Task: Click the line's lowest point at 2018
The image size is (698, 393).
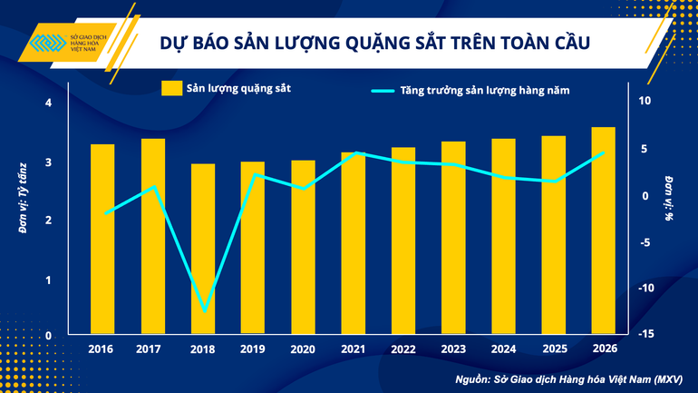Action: pos(206,310)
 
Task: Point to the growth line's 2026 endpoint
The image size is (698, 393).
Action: pos(603,152)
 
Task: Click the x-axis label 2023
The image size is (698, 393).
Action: pos(453,349)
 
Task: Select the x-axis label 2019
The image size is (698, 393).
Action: pos(253,349)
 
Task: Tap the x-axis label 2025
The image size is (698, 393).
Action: pos(553,349)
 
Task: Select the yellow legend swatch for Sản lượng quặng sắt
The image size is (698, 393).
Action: pos(172,88)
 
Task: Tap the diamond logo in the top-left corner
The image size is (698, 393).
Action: pos(48,42)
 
